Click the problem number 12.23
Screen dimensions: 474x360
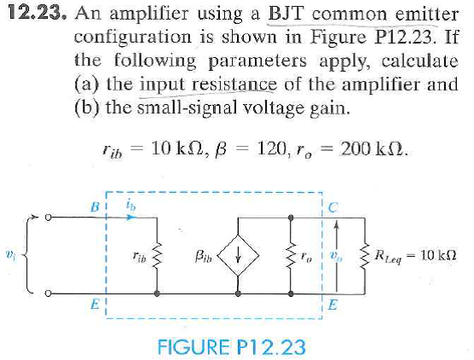(37, 13)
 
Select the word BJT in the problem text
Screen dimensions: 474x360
(286, 14)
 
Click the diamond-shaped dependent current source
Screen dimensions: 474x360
(238, 256)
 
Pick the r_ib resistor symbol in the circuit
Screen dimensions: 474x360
(157, 257)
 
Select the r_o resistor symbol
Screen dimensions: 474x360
(291, 257)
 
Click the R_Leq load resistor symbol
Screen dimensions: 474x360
(365, 257)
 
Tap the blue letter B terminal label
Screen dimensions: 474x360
(95, 207)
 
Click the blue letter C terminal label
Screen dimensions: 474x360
(332, 207)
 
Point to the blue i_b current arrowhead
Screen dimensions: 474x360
(130, 218)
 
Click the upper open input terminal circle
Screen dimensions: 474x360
(48, 218)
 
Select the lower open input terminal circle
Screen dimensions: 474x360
(48, 293)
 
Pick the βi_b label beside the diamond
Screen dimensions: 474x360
(204, 257)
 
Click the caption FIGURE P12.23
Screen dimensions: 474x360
(231, 347)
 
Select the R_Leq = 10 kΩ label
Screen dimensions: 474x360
(415, 256)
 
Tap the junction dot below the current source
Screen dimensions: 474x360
(238, 293)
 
